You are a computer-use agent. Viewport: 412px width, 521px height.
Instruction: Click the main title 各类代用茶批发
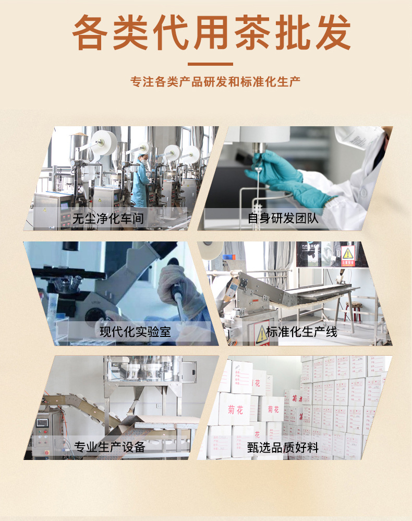[211, 32]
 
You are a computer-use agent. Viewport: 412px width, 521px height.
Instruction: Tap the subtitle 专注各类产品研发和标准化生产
[215, 82]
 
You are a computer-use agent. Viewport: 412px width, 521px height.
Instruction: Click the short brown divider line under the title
[210, 64]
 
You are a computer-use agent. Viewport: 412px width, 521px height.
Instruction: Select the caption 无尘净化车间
[108, 218]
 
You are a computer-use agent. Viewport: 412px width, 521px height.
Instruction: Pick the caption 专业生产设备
[110, 447]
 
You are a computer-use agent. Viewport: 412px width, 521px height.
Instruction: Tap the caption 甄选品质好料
[283, 447]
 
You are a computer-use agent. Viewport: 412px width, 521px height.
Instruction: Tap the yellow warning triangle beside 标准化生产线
[261, 334]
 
